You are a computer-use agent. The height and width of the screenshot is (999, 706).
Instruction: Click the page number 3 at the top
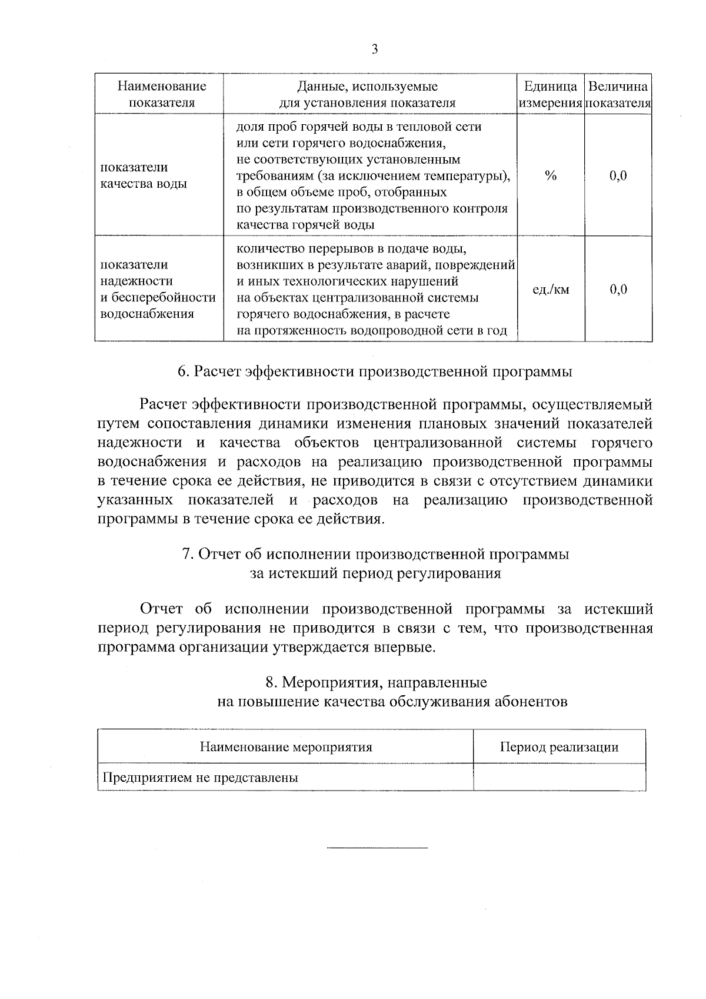[x=375, y=49]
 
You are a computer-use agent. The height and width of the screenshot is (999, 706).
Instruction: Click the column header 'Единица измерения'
[x=551, y=94]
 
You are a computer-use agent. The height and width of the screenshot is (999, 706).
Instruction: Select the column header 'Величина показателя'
[x=618, y=94]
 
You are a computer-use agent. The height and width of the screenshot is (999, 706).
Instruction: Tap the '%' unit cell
[x=551, y=175]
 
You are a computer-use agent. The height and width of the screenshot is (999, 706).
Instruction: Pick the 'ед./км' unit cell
[x=551, y=290]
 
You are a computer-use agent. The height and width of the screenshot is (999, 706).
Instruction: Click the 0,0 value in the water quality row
[x=618, y=175]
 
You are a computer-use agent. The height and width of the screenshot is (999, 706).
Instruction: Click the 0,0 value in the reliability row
[x=618, y=290]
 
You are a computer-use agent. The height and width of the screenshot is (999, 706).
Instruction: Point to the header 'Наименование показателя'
[x=162, y=94]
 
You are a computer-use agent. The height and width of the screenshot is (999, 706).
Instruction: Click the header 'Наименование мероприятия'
[x=286, y=748]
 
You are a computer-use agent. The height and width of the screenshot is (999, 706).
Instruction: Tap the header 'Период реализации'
[x=559, y=748]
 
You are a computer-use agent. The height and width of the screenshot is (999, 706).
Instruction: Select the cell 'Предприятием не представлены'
[x=201, y=778]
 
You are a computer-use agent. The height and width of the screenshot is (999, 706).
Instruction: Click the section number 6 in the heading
[x=182, y=372]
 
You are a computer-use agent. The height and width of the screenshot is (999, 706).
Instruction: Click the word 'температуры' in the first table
[x=471, y=176]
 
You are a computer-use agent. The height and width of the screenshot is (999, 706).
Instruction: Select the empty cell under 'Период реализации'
[x=559, y=778]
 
